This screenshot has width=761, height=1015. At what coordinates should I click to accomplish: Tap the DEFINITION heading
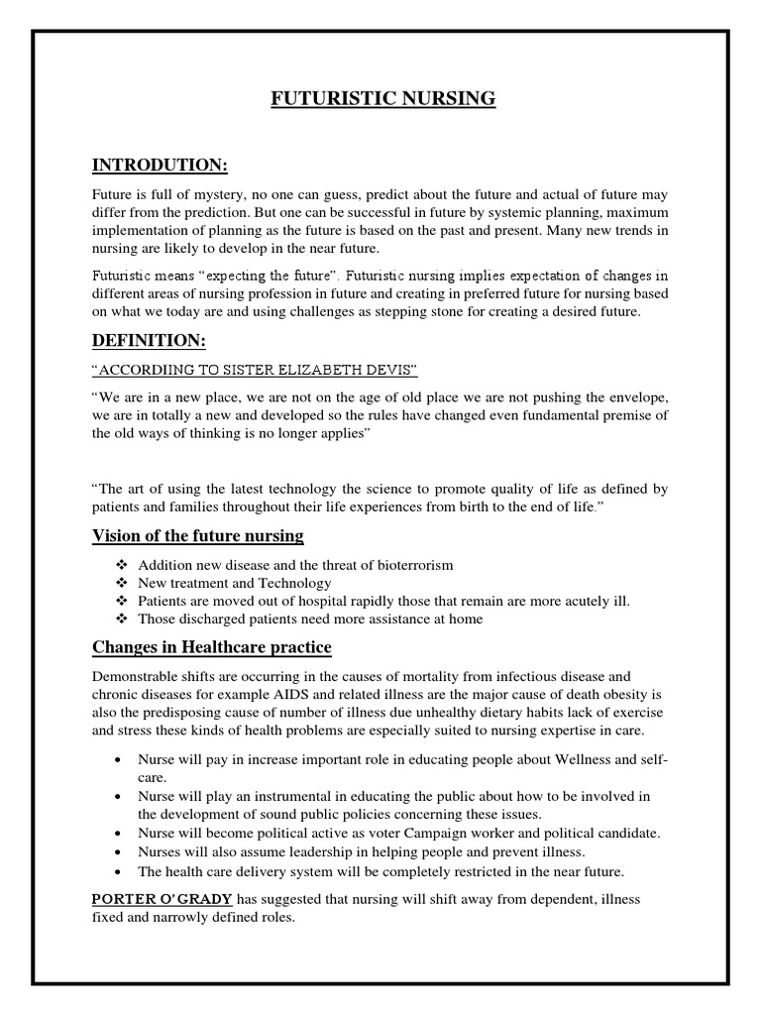pyautogui.click(x=149, y=340)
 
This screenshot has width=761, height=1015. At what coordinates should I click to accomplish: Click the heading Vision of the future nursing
pyautogui.click(x=198, y=536)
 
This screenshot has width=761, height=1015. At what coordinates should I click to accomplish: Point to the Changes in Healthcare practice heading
pyautogui.click(x=212, y=647)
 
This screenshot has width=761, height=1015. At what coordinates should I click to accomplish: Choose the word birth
pyautogui.click(x=506, y=507)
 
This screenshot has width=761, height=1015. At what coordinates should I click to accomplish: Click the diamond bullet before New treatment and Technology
pyautogui.click(x=122, y=583)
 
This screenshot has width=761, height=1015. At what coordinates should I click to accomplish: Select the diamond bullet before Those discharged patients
pyautogui.click(x=122, y=620)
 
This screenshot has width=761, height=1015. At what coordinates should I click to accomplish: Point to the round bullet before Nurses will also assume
pyautogui.click(x=118, y=852)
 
